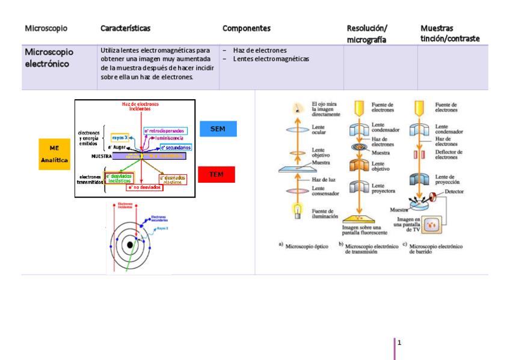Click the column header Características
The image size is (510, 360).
point(125,28)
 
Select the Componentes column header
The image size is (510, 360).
point(247,28)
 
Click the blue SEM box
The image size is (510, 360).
point(217,129)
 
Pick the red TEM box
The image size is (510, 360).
point(217,174)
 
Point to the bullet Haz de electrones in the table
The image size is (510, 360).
point(260,50)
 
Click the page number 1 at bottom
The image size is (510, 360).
point(399,343)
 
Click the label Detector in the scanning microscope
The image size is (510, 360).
point(454,192)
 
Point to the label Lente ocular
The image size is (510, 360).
point(319,130)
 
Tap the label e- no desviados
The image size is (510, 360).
point(144,187)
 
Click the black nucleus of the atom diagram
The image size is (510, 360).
point(130,245)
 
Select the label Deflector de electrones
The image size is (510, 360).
point(448,154)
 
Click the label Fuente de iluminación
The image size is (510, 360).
point(325,214)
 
